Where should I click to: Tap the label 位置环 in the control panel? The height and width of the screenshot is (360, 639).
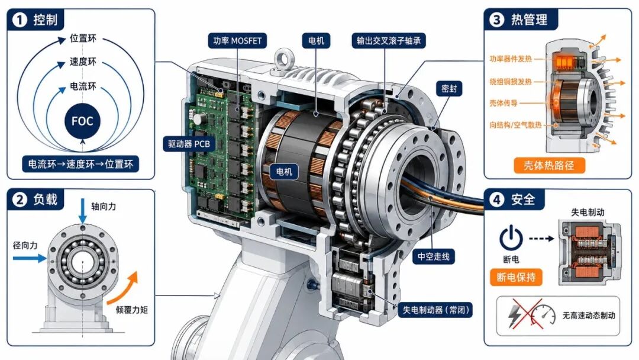coord(83,38)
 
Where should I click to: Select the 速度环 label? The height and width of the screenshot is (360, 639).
coord(83,62)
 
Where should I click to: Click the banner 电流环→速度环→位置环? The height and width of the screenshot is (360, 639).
coord(80,164)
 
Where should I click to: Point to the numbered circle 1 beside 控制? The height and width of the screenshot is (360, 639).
coord(19,20)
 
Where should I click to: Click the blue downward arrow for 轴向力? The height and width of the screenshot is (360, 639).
coord(83,211)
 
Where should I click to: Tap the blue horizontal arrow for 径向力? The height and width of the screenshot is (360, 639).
coord(30,258)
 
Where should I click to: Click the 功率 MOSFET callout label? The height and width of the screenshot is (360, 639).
coord(237,41)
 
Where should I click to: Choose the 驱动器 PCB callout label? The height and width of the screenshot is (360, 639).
coord(189,144)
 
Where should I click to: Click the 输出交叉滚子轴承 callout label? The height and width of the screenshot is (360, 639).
coord(388,41)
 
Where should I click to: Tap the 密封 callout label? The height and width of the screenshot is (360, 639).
coord(449,88)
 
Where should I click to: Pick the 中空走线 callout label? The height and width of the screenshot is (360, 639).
coord(433,256)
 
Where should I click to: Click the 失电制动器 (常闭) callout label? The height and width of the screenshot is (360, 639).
coord(435,310)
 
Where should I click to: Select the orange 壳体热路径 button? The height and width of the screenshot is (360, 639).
coord(549,165)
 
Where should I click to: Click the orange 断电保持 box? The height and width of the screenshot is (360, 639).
coord(516,277)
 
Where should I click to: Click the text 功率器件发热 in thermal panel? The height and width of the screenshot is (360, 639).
coord(511,59)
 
